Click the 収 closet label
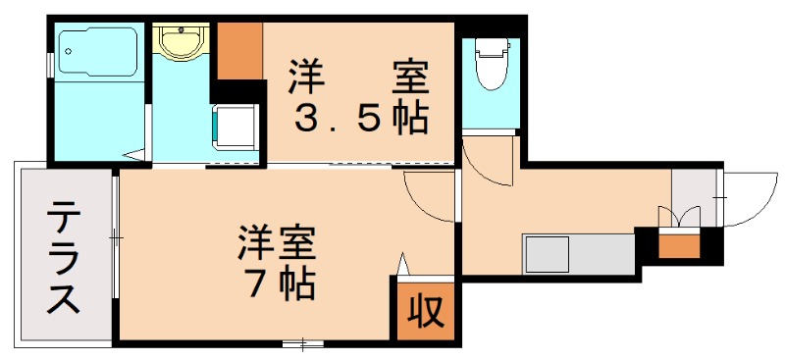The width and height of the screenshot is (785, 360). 426,312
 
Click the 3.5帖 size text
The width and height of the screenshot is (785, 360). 360,119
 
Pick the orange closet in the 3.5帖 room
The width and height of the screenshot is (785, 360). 239,51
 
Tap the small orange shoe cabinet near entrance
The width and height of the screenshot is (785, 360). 678,244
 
